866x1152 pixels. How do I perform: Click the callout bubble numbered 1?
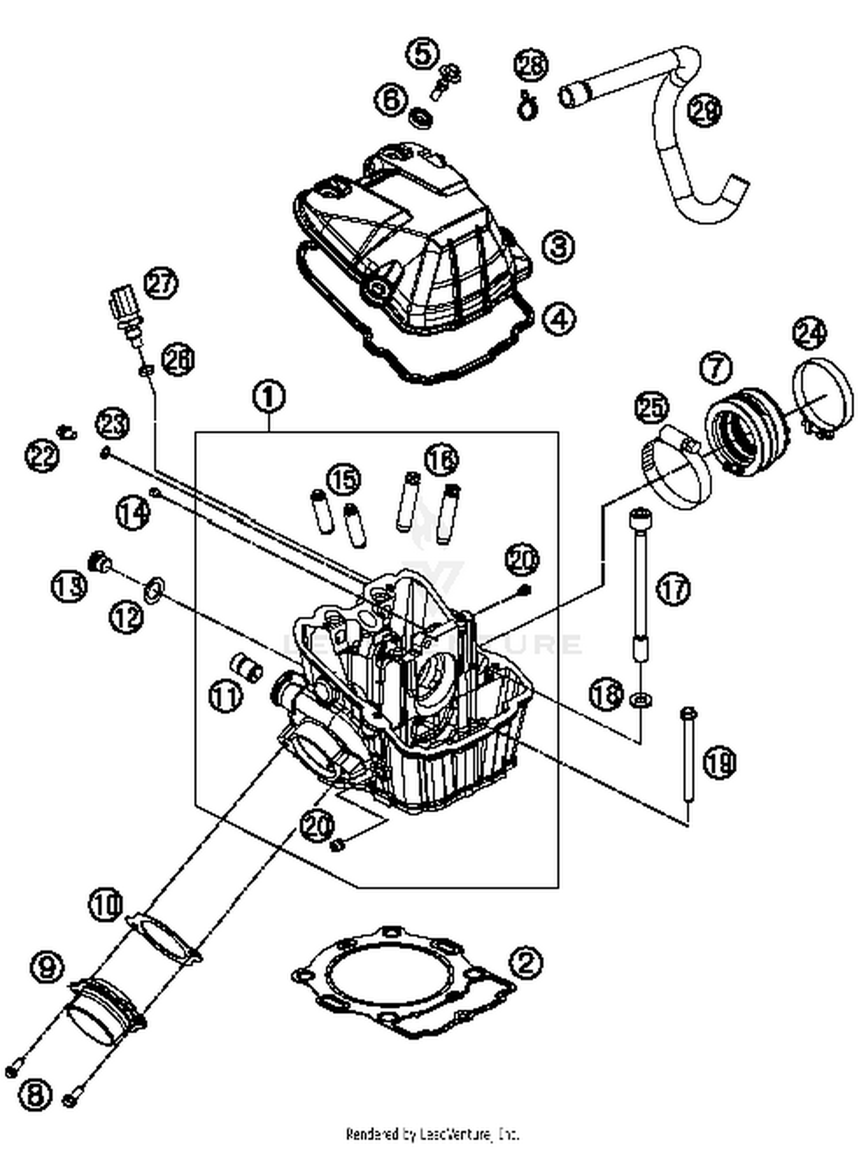click(x=269, y=398)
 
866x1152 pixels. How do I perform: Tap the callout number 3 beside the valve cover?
click(x=558, y=247)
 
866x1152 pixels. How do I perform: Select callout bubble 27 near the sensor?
click(x=160, y=284)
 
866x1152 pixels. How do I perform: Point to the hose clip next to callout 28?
click(x=525, y=106)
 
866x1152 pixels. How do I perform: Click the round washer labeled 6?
click(x=422, y=118)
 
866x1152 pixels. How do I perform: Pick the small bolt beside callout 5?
click(x=446, y=81)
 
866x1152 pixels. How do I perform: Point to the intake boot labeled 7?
click(x=745, y=430)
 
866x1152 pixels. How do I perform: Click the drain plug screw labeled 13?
click(x=100, y=561)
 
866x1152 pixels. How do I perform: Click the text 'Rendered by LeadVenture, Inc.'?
click(x=432, y=1134)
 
